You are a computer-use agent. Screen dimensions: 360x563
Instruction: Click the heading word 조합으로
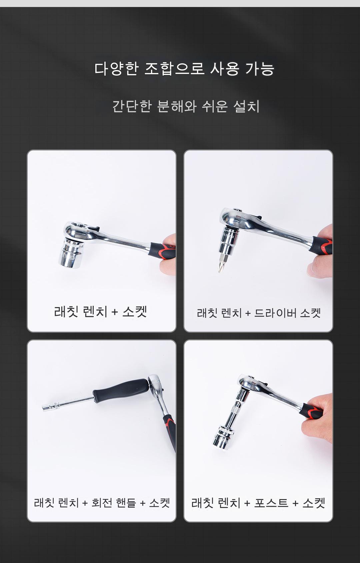pyautogui.click(x=174, y=69)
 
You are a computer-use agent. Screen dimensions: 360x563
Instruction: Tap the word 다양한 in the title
pyautogui.click(x=116, y=69)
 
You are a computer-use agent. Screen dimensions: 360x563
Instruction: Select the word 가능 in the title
pyautogui.click(x=259, y=69)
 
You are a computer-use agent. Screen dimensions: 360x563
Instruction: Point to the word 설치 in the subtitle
pyautogui.click(x=246, y=106)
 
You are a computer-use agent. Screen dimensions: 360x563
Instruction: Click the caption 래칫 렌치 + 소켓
pyautogui.click(x=100, y=312)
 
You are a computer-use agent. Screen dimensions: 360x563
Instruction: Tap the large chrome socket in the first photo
pyautogui.click(x=70, y=252)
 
